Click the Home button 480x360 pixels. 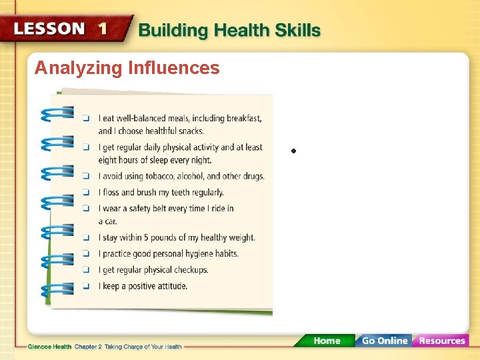(x=327, y=341)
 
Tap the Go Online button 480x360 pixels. (x=383, y=341)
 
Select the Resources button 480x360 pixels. (x=441, y=341)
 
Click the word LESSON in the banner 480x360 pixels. (x=50, y=29)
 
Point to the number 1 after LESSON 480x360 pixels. (x=103, y=29)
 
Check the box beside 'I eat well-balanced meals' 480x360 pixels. (x=86, y=119)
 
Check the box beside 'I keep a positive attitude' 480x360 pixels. (x=86, y=287)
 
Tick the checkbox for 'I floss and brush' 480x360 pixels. (x=86, y=193)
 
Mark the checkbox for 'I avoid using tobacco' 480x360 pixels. (x=86, y=177)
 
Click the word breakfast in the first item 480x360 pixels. (x=243, y=118)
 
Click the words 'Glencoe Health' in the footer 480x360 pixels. (x=50, y=346)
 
